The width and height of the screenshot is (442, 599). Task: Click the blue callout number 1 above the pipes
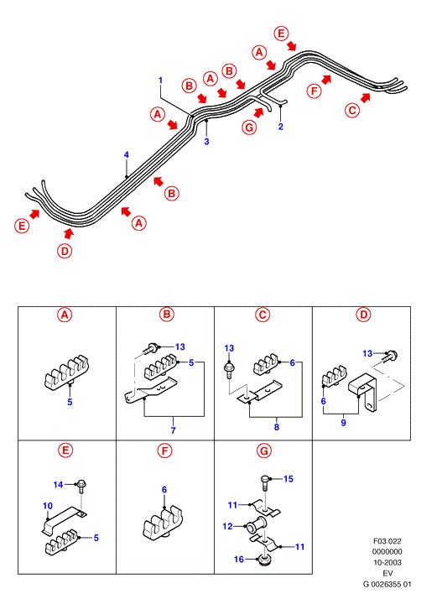pyautogui.click(x=160, y=81)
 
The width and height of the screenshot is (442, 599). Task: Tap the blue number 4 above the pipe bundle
pyautogui.click(x=127, y=154)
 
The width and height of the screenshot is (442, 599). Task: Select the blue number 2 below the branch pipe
pyautogui.click(x=281, y=127)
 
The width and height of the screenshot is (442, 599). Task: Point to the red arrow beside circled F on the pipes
pyautogui.click(x=326, y=80)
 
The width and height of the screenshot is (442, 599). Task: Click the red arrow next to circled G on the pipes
pyautogui.click(x=258, y=112)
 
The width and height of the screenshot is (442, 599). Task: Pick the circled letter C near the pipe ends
pyautogui.click(x=352, y=111)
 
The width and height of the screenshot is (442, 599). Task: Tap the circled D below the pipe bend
pyautogui.click(x=65, y=251)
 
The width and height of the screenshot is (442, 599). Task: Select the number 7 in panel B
pyautogui.click(x=173, y=430)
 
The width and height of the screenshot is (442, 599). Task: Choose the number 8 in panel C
pyautogui.click(x=277, y=427)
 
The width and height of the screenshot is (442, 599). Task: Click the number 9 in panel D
pyautogui.click(x=343, y=423)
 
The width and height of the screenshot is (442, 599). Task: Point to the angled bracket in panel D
pyautogui.click(x=363, y=393)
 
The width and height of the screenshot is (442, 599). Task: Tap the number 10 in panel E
pyautogui.click(x=48, y=506)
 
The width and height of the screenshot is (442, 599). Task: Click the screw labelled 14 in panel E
pyautogui.click(x=81, y=487)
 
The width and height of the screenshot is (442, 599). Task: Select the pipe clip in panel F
pyautogui.click(x=163, y=522)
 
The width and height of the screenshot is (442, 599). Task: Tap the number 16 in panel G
pyautogui.click(x=239, y=560)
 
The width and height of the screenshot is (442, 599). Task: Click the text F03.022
pyautogui.click(x=387, y=541)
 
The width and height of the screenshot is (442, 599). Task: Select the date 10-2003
pyautogui.click(x=387, y=562)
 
